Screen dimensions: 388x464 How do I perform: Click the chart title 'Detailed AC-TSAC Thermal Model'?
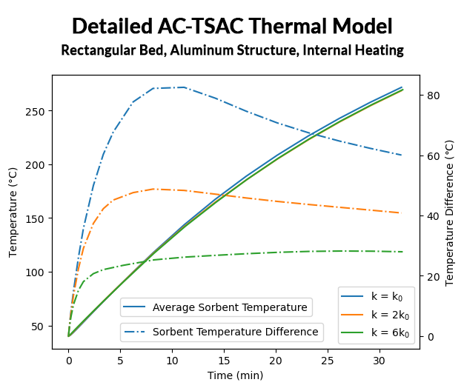[232, 27]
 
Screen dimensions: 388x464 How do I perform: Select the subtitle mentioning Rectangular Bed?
[232, 51]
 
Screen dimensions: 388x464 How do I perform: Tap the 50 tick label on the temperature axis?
[40, 326]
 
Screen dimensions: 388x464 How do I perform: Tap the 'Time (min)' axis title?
[235, 375]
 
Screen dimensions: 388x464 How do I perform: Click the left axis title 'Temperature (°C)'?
[13, 212]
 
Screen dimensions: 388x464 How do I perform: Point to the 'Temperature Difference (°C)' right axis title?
[450, 211]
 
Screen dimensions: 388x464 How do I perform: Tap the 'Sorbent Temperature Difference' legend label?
[235, 332]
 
